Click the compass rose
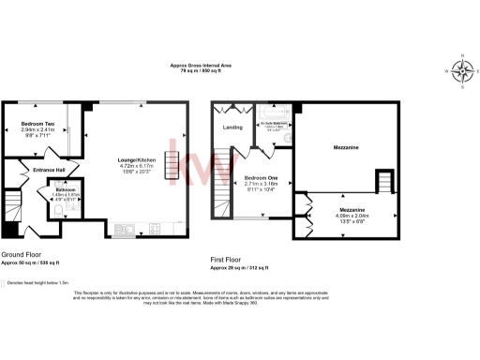[462, 69]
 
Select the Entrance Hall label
[49, 170]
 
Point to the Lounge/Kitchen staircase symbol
[172, 160]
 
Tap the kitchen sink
[124, 228]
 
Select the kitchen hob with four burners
[154, 228]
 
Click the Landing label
[232, 128]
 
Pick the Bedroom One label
[262, 176]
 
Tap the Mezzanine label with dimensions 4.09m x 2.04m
[352, 208]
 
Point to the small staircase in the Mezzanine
[384, 180]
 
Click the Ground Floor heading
[20, 254]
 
